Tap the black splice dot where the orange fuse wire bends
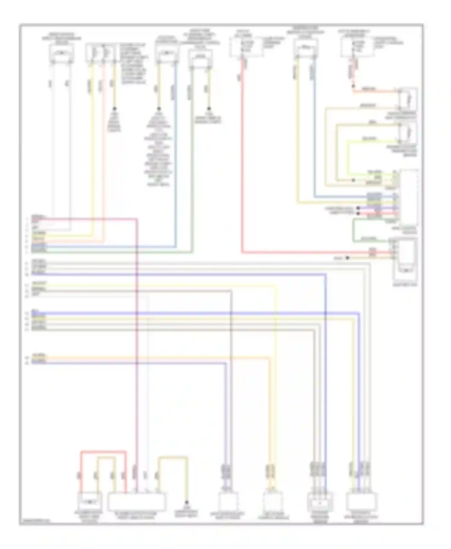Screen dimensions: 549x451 (353, 86)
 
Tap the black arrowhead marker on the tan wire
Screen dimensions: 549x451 (348, 258)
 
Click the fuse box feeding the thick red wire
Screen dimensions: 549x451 (246, 47)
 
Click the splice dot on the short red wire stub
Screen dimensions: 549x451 (358, 213)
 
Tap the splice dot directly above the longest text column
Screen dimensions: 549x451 (159, 108)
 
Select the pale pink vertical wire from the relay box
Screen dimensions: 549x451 (104, 150)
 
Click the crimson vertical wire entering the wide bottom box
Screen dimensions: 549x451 (137, 360)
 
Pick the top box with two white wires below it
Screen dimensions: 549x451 (62, 54)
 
